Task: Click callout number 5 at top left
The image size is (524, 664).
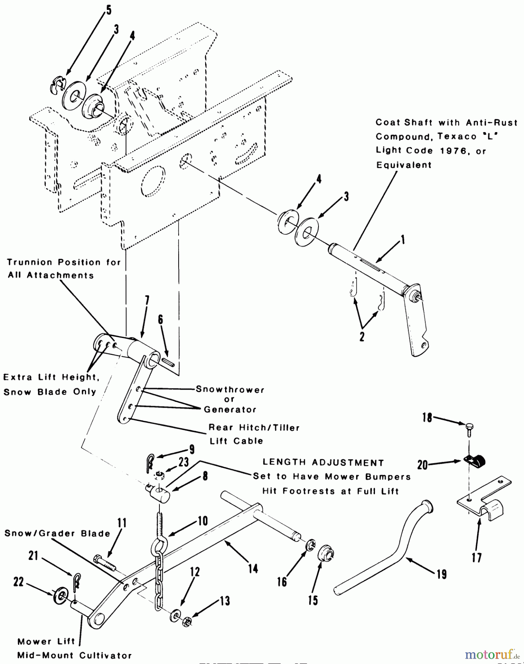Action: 108,10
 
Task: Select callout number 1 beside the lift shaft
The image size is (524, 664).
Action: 403,240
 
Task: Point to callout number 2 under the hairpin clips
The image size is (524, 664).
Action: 362,336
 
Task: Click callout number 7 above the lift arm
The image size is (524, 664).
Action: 147,301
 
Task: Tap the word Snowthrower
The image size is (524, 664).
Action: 230,390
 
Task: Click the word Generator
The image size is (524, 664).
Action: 230,409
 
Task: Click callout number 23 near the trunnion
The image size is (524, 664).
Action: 183,462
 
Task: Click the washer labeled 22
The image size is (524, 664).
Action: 59,596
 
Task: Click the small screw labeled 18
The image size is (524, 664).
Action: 469,429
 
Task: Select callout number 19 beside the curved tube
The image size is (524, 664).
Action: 441,574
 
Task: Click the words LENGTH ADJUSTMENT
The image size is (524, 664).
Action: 323,463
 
